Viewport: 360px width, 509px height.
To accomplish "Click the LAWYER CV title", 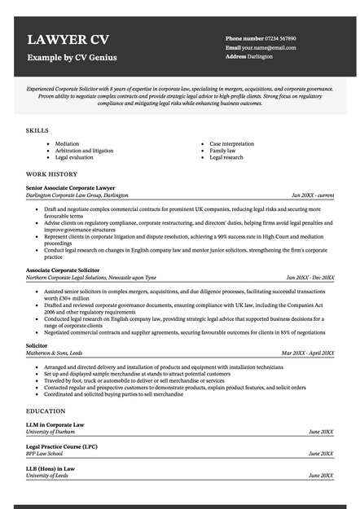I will click(68, 40).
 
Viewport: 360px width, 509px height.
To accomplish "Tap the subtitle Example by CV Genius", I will click(72, 58).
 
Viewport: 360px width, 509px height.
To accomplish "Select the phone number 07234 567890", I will click(280, 38).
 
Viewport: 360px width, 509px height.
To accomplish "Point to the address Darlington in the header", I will click(261, 57).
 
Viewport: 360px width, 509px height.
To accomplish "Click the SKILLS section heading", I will click(37, 130).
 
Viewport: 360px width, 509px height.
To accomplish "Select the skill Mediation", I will click(67, 143).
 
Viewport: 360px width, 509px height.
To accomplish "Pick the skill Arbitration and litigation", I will click(84, 151).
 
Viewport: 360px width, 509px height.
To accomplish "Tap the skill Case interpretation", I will click(232, 143).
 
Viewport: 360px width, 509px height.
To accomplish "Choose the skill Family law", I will click(222, 151).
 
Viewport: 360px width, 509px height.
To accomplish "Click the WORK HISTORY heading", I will click(51, 174).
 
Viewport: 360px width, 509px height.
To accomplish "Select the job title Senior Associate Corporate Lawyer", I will click(70, 188).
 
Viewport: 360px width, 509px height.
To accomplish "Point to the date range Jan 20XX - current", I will click(313, 196).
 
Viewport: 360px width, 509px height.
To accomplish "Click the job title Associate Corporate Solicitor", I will click(63, 270).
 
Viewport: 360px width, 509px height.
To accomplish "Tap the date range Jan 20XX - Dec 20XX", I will click(306, 278).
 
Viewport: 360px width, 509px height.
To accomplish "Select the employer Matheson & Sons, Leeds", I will click(54, 353).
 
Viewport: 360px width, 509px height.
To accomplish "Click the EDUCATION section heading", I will click(46, 411).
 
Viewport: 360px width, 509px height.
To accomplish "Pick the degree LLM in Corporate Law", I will click(55, 424).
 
